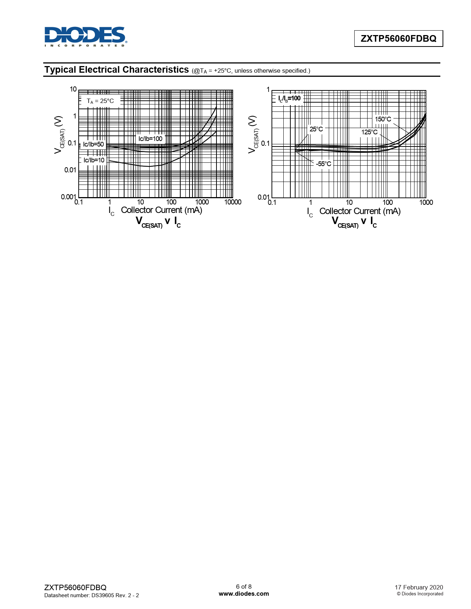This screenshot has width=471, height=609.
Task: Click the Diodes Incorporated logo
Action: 86,37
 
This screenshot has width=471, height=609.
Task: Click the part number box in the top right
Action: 398,38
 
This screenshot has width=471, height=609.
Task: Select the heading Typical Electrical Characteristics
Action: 116,69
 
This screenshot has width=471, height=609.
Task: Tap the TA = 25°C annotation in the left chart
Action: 100,101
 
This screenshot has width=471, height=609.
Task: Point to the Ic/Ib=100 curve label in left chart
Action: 150,139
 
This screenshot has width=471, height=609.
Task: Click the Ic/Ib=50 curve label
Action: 93,144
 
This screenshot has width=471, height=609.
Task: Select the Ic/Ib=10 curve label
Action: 94,160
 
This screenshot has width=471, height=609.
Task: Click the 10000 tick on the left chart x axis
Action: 233,202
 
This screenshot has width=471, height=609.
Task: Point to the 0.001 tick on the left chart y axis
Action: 68,197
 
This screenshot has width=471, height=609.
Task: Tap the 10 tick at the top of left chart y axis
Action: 73,89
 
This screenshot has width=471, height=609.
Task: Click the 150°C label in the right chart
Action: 383,119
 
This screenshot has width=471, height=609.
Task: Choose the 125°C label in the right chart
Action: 369,132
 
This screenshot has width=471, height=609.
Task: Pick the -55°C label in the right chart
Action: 324,164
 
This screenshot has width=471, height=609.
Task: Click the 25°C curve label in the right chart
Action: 316,129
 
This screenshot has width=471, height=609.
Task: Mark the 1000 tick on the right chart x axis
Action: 426,202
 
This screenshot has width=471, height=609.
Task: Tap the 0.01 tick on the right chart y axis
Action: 263,197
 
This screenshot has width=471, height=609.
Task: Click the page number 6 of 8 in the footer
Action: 244,586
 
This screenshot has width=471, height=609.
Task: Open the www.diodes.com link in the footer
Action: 244,593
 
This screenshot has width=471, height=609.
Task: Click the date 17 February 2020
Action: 419,587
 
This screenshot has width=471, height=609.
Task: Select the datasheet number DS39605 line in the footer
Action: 92,595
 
